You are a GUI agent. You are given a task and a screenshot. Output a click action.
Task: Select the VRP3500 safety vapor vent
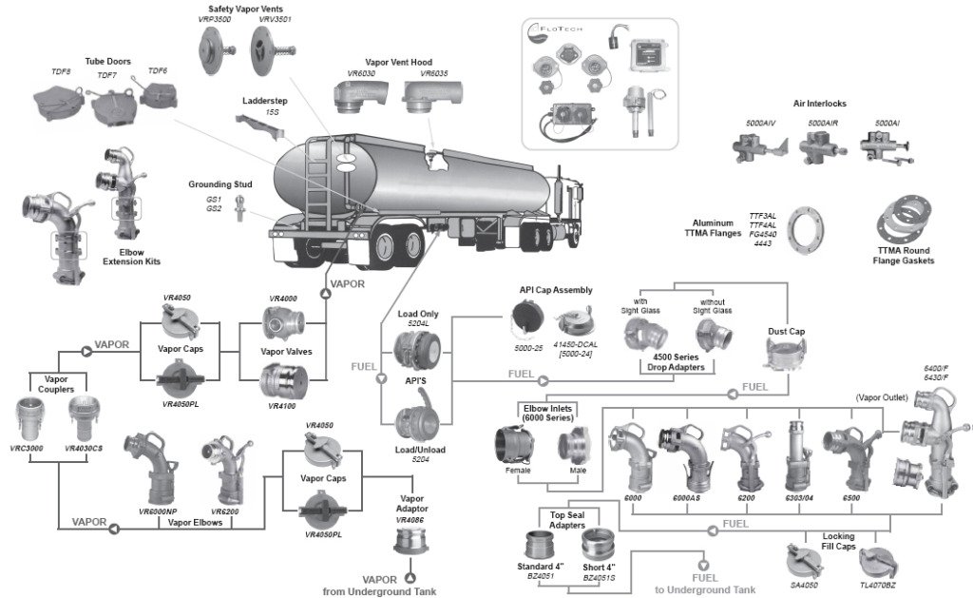point(214,45)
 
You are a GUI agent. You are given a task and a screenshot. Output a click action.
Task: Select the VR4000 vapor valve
point(284,325)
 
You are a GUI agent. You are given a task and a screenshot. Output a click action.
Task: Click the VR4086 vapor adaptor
point(410,540)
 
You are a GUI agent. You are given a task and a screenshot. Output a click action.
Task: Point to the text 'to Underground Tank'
point(705,589)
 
